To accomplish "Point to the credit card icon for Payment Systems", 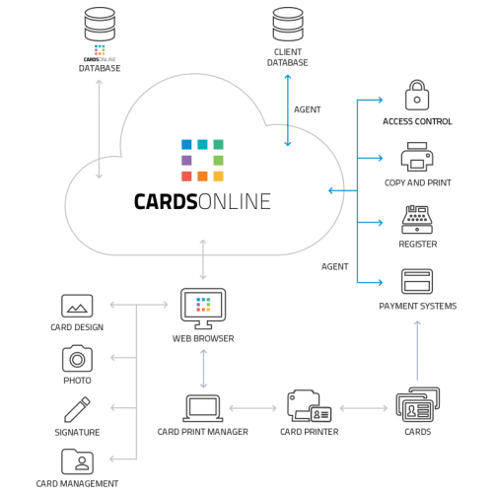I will tap(417, 281).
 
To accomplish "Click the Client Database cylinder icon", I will tap(287, 22).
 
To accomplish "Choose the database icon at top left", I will tap(99, 22).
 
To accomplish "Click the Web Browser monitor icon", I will tap(203, 307).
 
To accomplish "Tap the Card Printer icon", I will tap(308, 405).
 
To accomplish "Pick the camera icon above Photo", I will tap(77, 357).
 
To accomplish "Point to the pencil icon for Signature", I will tap(77, 408).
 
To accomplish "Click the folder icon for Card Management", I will tap(77, 460).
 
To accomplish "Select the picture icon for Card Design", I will tap(77, 306).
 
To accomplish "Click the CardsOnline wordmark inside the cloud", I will tap(202, 202).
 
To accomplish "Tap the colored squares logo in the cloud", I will tap(202, 160).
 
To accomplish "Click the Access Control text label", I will tap(417, 121).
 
